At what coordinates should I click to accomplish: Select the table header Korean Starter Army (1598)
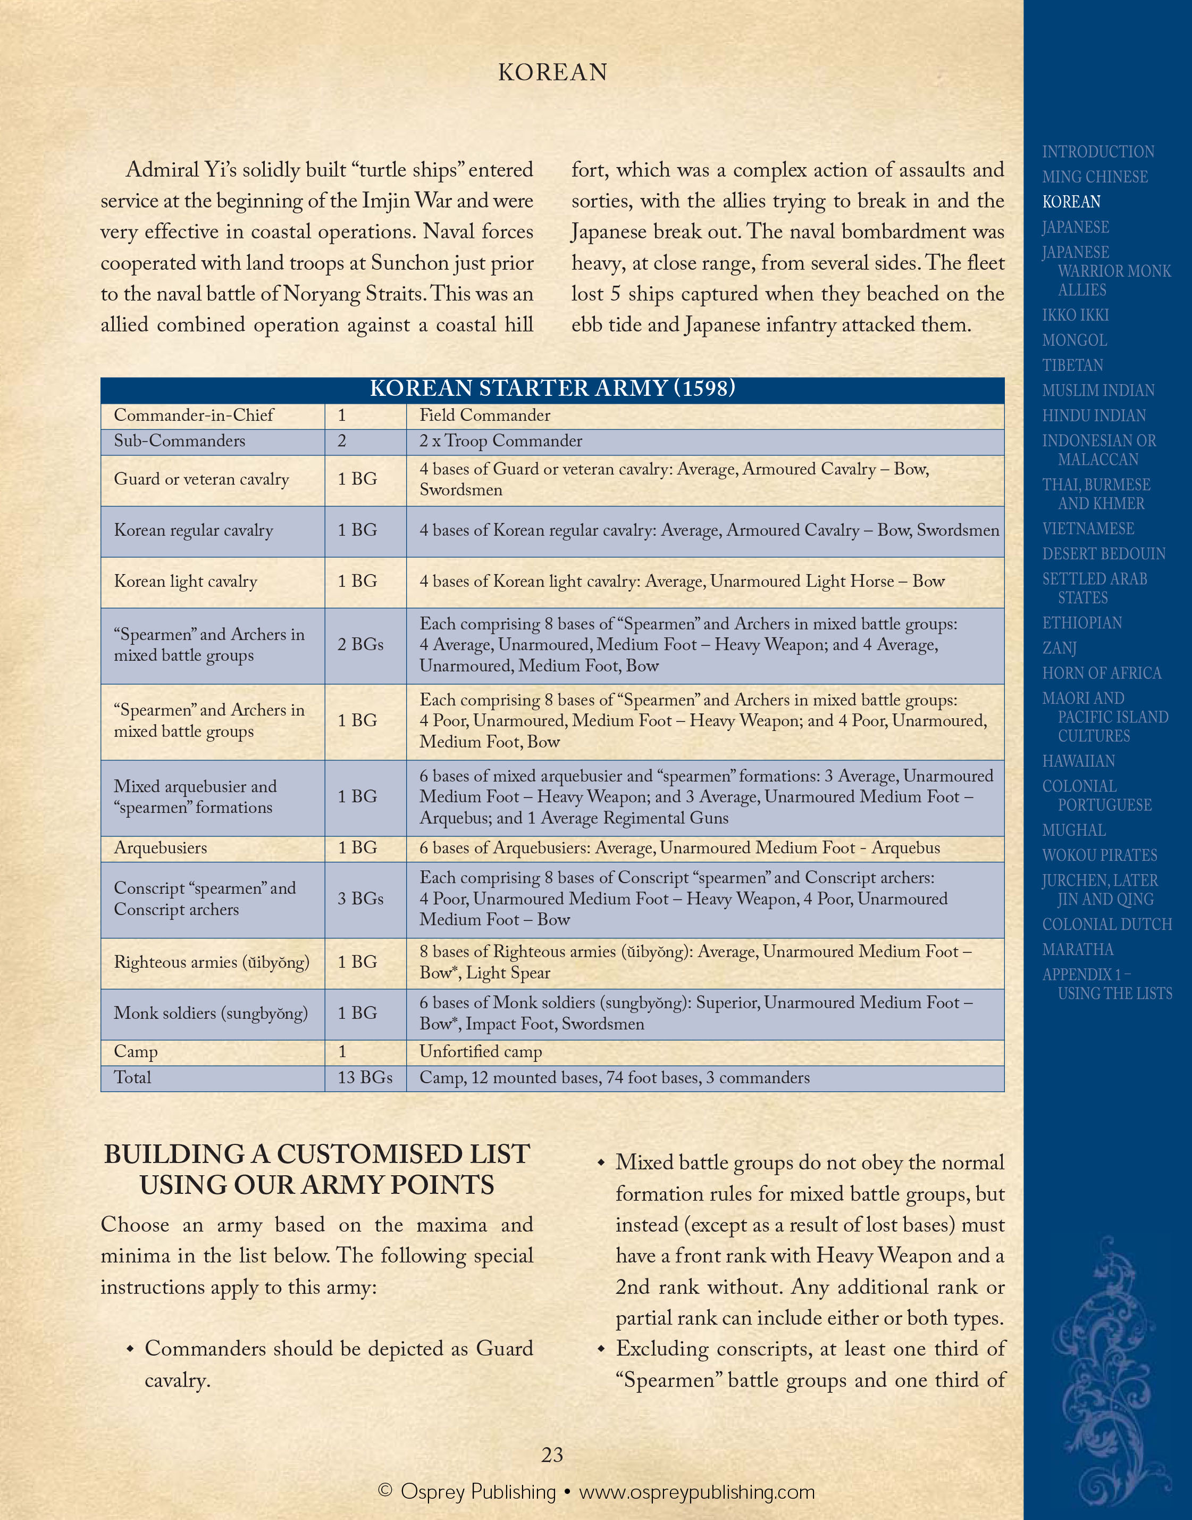[x=552, y=389]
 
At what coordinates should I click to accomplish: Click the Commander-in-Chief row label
[x=194, y=416]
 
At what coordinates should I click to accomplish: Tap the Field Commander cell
[x=484, y=416]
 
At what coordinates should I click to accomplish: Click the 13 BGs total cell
[x=364, y=1077]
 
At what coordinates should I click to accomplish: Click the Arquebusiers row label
[x=161, y=849]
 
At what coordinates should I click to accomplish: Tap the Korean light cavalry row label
[x=186, y=582]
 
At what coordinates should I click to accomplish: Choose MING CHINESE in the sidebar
[x=1094, y=177]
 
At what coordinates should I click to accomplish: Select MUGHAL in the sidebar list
[x=1073, y=831]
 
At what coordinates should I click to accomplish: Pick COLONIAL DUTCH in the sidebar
[x=1107, y=925]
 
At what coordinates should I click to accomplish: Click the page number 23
[x=552, y=1455]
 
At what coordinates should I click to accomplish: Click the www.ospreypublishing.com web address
[x=696, y=1492]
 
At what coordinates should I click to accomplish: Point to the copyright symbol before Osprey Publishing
[x=384, y=1491]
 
